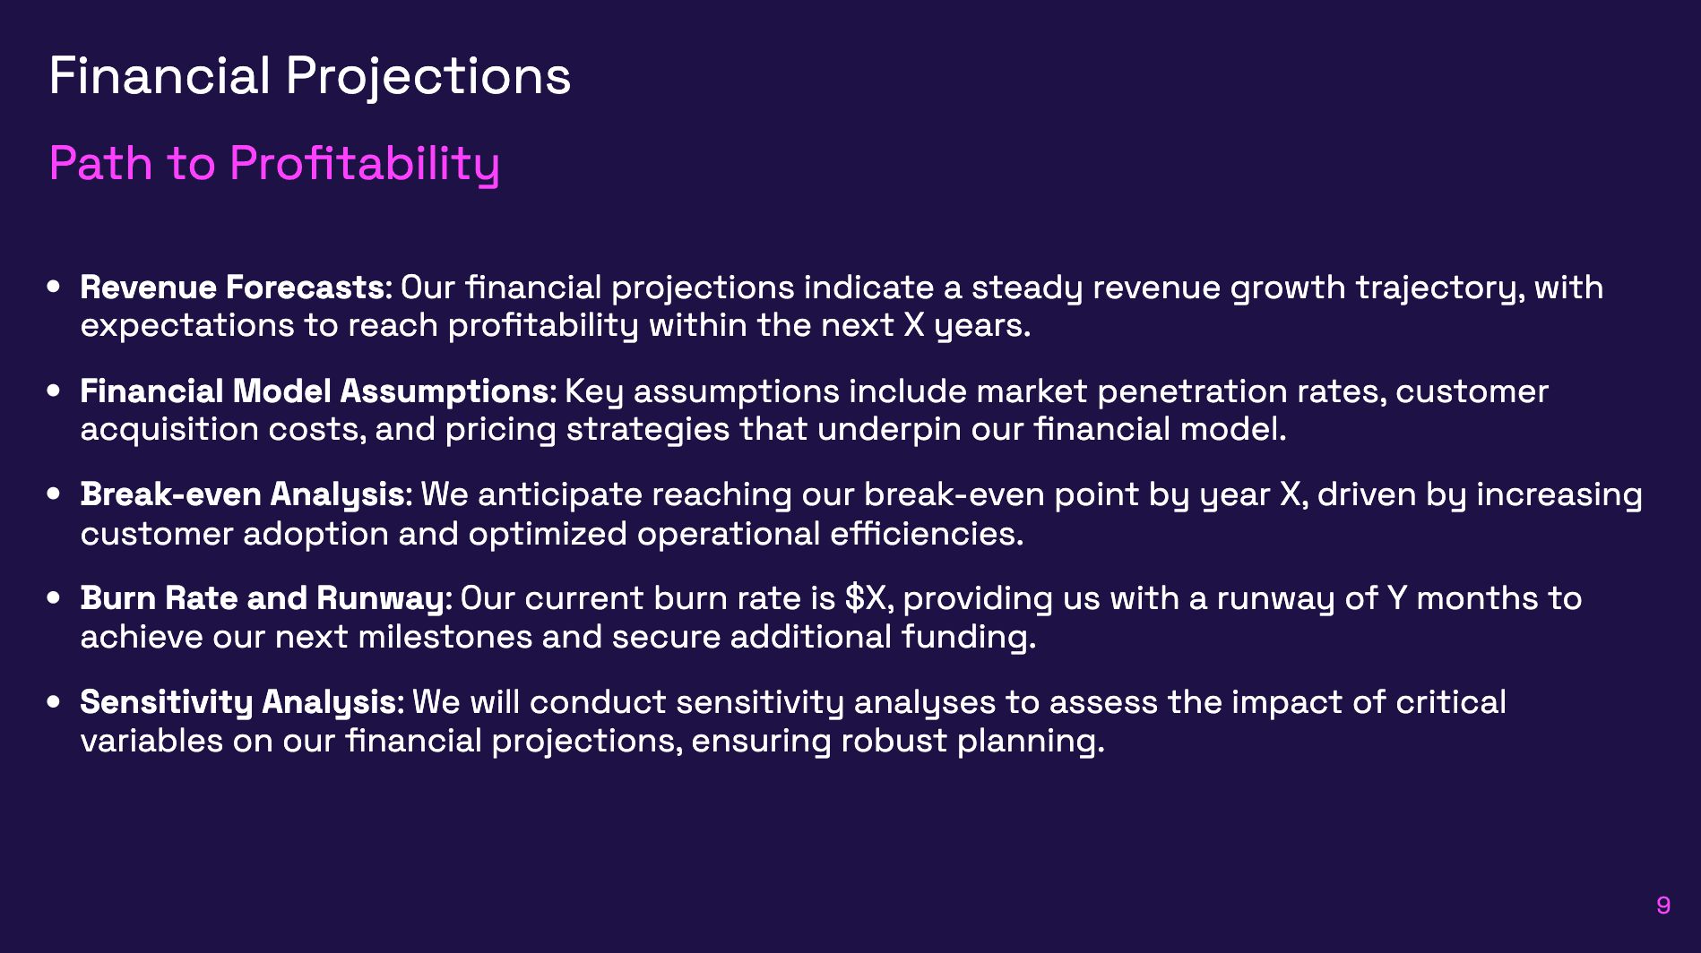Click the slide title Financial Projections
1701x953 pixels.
(309, 76)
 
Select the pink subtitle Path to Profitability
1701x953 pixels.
(273, 164)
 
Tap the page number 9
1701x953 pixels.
(1663, 906)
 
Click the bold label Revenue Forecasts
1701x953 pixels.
(236, 288)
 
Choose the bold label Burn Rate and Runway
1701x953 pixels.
(266, 598)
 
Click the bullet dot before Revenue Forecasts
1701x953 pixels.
(54, 288)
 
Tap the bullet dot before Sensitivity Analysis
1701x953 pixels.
(54, 702)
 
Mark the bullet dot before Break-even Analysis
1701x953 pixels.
(54, 494)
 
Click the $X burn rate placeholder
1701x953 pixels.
(867, 598)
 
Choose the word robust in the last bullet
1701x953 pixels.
(894, 741)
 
